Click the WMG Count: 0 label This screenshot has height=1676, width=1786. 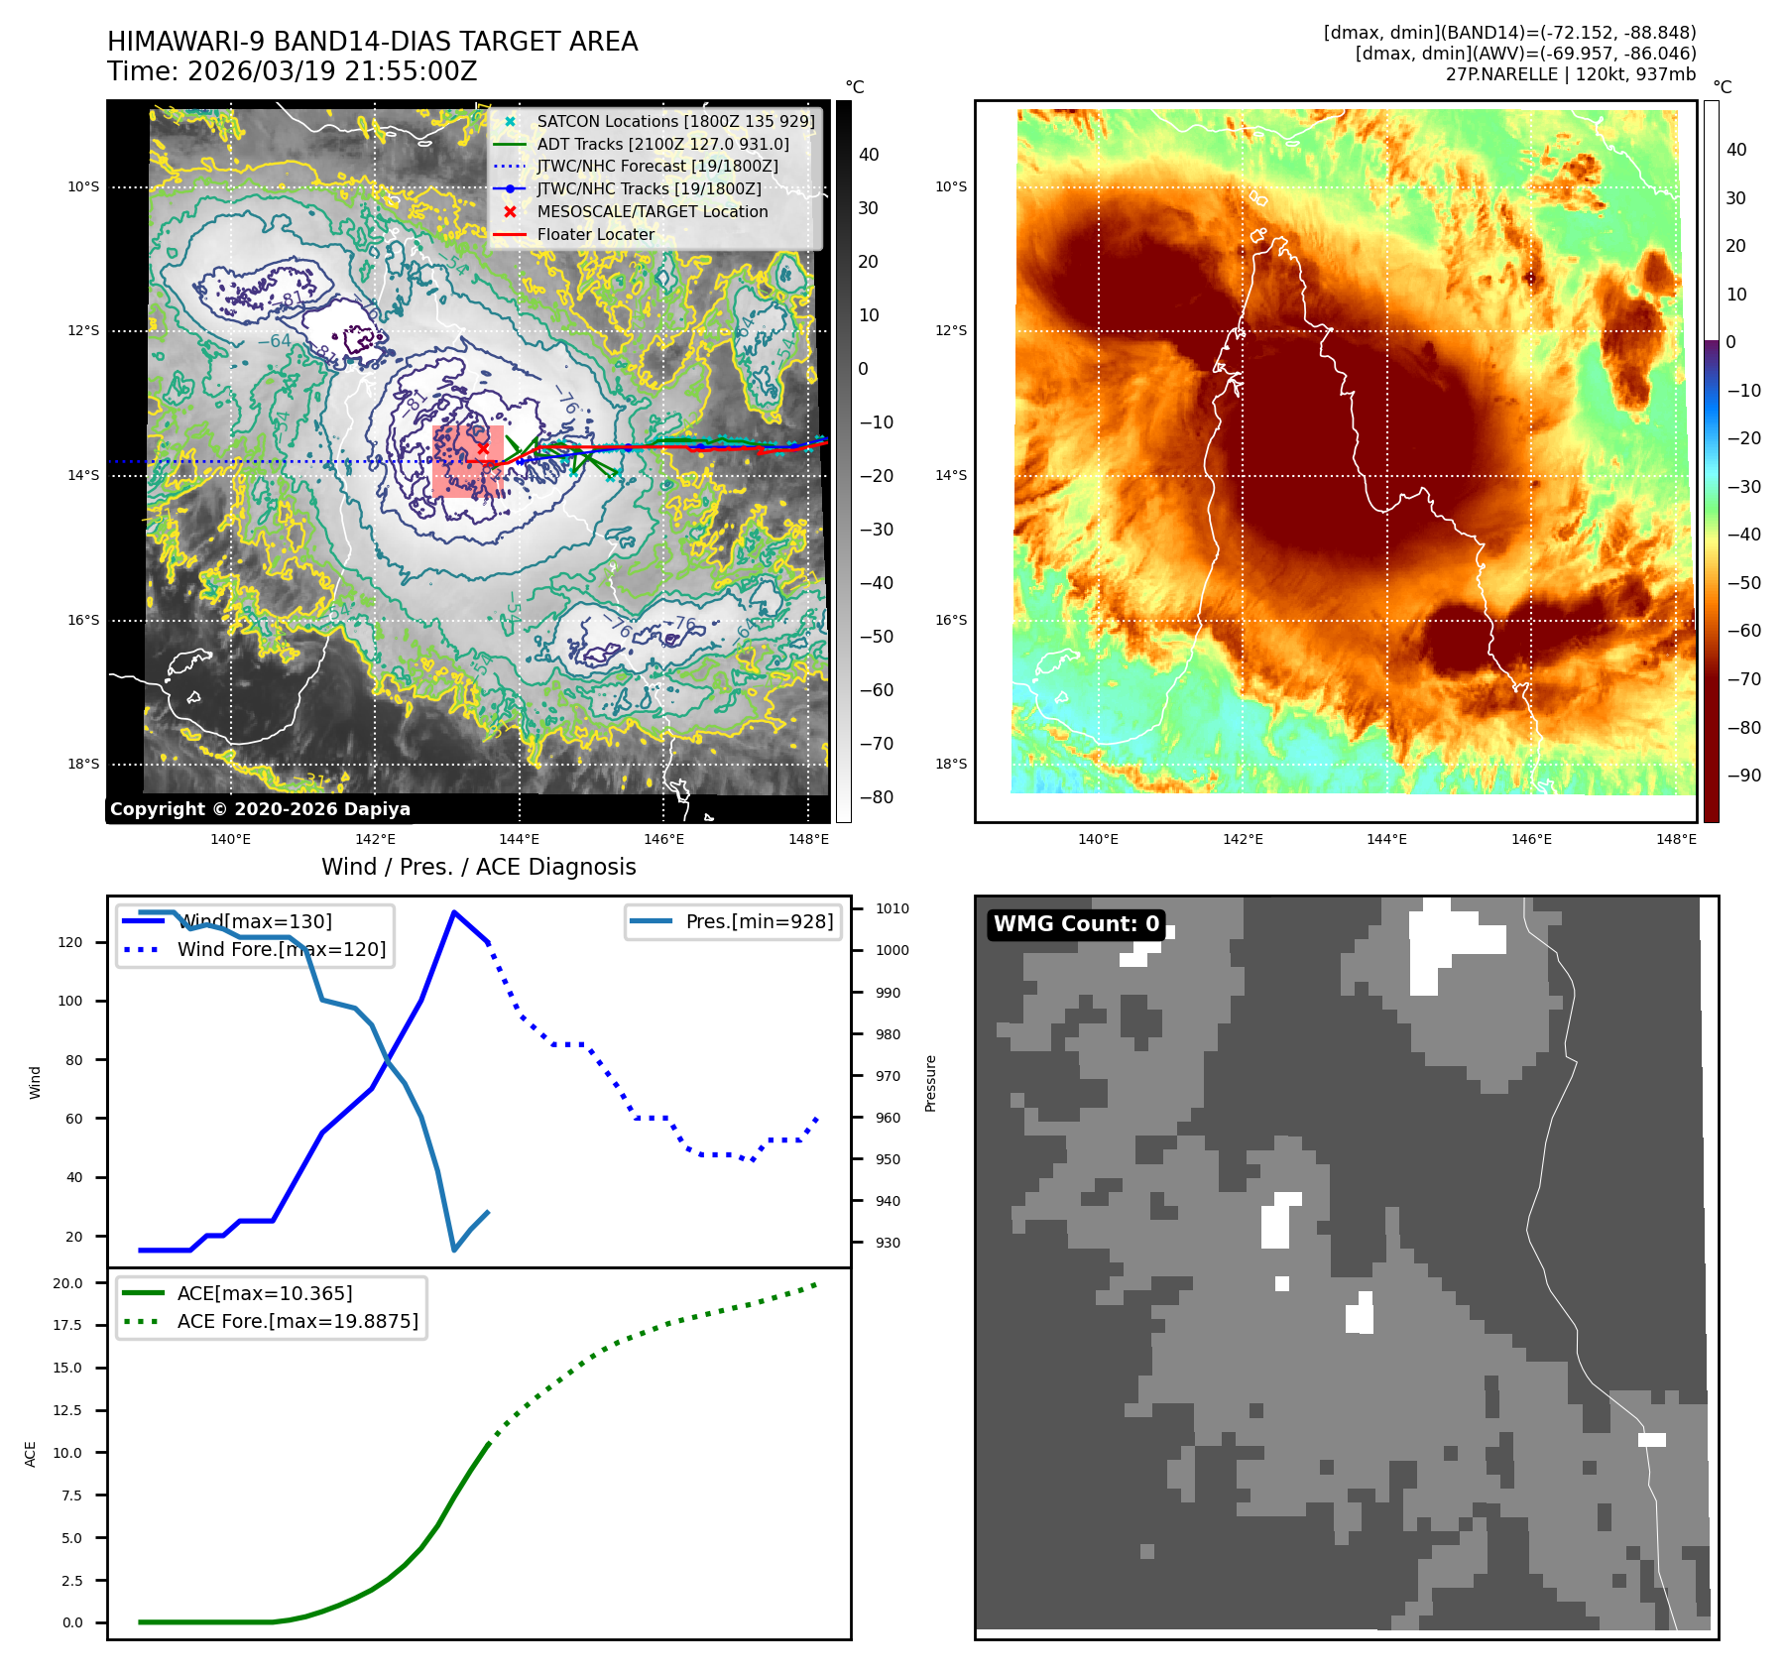(1076, 924)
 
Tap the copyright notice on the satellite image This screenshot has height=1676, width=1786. (260, 809)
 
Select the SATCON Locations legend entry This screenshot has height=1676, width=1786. (675, 121)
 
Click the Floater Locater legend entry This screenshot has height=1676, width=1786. (595, 234)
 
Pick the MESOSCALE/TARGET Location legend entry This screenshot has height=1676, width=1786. (652, 211)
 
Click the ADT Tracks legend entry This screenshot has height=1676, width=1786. (662, 144)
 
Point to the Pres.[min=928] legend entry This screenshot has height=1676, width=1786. (759, 921)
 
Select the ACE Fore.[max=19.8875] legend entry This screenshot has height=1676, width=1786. (298, 1321)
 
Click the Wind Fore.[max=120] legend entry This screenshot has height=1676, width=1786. (282, 949)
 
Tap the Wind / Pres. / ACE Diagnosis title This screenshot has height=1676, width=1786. (478, 867)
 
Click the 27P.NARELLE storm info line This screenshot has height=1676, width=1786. (1570, 74)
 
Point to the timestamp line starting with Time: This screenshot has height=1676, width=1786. (293, 71)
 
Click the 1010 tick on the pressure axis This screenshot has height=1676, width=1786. (892, 908)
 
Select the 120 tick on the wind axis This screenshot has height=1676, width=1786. (70, 942)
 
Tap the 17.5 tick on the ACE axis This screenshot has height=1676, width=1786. (67, 1325)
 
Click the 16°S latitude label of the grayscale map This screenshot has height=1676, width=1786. (83, 620)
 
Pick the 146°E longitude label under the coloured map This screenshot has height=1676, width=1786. (1531, 839)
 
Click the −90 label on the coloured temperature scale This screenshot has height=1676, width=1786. (1743, 776)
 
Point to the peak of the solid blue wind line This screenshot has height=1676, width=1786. (454, 911)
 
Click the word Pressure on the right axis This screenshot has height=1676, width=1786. (930, 1083)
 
